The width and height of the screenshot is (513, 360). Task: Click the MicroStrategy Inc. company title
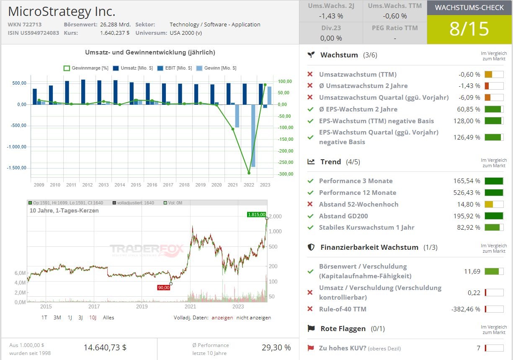point(62,11)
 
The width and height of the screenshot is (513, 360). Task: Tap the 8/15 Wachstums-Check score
point(469,29)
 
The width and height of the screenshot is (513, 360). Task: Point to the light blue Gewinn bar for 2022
point(253,135)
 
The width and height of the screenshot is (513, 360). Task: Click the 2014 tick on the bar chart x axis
point(119,184)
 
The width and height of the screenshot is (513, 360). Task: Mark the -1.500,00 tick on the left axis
point(16,168)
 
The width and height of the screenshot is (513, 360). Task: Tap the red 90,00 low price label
point(163,287)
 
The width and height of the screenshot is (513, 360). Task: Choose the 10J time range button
point(93,317)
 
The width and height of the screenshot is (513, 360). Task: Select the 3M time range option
point(57,317)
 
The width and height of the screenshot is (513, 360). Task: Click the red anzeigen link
point(222,317)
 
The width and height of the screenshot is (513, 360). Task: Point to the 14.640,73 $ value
point(105,347)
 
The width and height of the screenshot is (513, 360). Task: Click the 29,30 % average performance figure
point(276,347)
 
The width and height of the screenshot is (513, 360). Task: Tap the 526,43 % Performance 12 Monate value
point(466,192)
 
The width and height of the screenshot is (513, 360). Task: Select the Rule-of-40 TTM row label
point(343,309)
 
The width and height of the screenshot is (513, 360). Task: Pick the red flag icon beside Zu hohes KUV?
point(310,348)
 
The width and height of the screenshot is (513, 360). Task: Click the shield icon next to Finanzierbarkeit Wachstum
point(311,247)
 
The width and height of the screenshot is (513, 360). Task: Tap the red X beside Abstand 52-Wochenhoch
point(310,204)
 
